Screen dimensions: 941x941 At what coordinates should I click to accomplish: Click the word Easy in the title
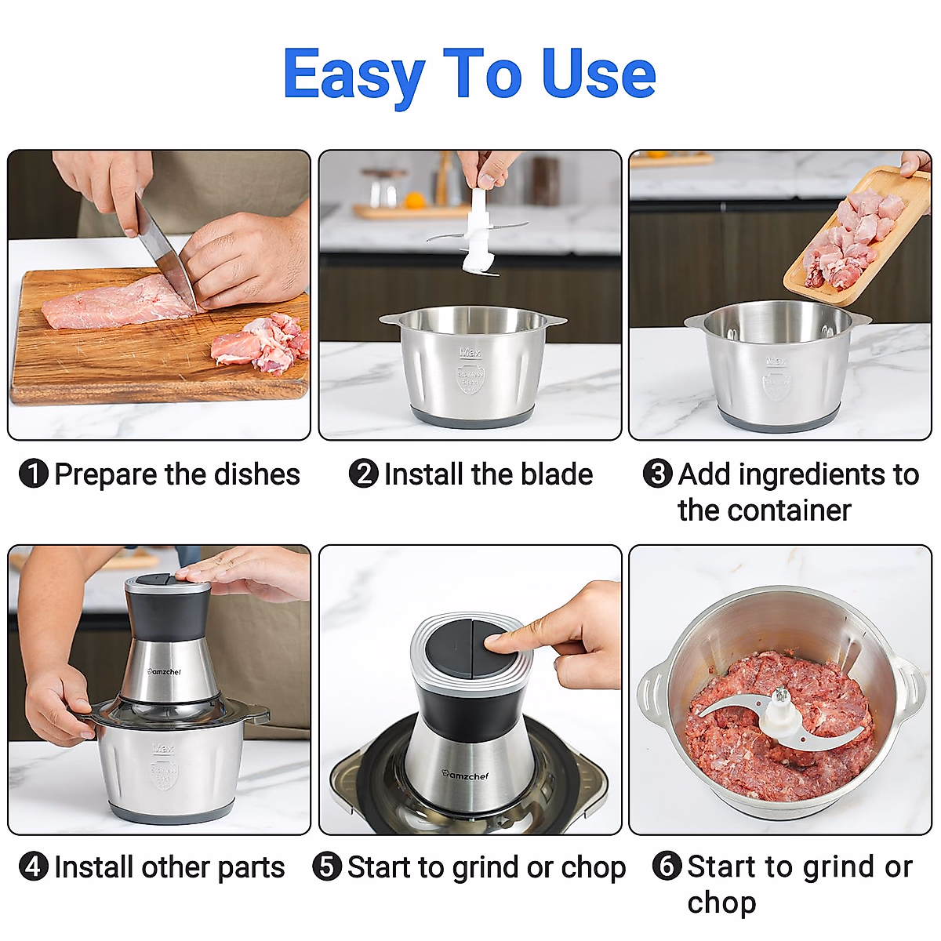tap(353, 74)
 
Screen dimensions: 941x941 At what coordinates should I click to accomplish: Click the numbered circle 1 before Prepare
tap(34, 474)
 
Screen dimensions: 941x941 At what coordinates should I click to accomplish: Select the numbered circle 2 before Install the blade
tap(363, 474)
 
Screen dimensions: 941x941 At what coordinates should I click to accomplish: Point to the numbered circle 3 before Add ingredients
tap(657, 474)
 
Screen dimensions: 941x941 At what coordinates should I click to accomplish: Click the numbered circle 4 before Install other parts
tap(34, 867)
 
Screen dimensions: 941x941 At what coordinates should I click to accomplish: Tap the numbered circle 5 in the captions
tap(327, 867)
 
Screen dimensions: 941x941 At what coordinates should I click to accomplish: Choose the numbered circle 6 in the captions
tap(667, 867)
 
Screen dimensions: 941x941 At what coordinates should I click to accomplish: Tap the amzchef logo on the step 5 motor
tap(465, 775)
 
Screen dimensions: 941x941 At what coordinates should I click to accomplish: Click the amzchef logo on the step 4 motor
tap(165, 672)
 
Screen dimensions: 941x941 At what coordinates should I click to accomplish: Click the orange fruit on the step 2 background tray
tap(415, 200)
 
